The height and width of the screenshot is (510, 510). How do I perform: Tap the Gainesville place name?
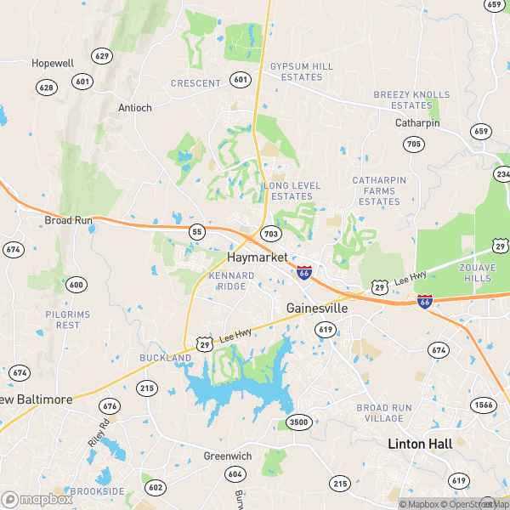(x=318, y=308)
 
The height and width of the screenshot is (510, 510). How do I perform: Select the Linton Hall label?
(x=417, y=444)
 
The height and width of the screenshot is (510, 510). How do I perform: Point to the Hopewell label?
(x=53, y=63)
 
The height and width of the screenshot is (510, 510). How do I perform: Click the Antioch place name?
(x=135, y=108)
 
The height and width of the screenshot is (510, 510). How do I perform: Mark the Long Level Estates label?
(x=294, y=190)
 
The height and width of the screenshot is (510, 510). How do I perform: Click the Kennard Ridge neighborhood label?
(x=231, y=281)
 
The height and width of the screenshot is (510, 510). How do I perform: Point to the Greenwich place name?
(x=227, y=456)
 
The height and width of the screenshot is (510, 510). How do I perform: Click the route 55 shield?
(x=197, y=231)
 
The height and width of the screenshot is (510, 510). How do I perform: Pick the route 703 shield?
(x=271, y=233)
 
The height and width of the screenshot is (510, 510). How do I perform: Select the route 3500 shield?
(x=298, y=422)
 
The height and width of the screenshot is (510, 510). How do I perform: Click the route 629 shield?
(x=103, y=56)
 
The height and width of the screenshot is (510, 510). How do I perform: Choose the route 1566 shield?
(x=483, y=405)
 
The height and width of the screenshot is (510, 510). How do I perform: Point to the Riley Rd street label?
(x=99, y=434)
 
